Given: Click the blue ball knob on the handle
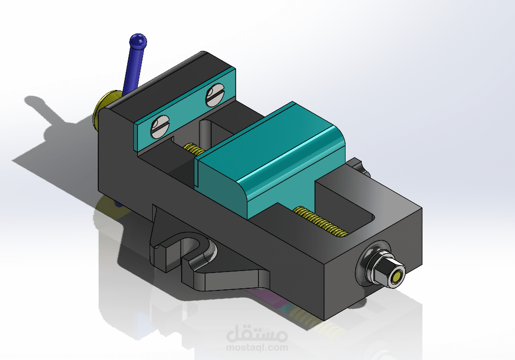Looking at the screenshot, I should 137,41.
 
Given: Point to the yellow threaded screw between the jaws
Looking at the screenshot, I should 192,148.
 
